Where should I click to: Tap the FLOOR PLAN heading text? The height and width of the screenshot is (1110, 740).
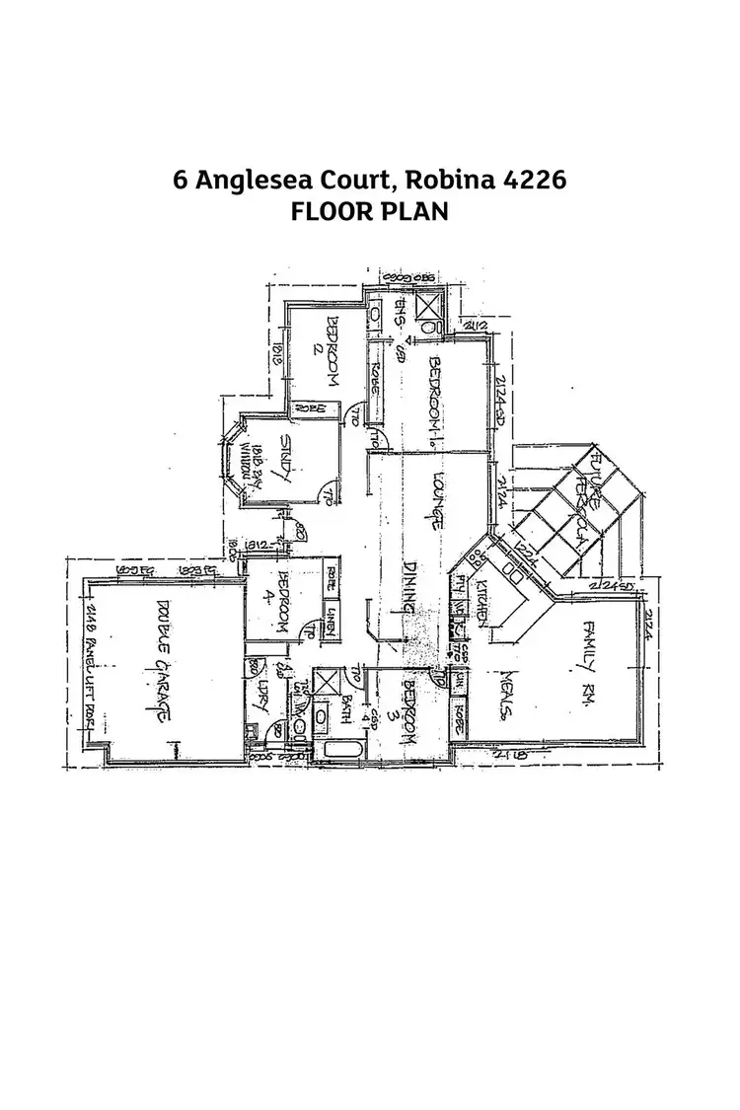[370, 211]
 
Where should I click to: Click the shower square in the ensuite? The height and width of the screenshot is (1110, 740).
[431, 313]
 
